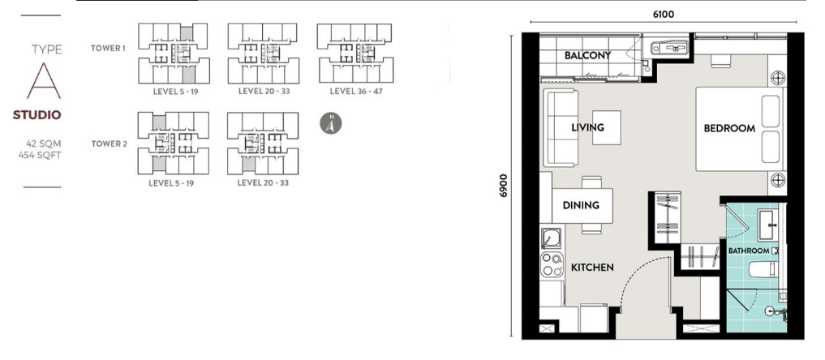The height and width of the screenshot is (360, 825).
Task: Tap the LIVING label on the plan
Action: coord(588,127)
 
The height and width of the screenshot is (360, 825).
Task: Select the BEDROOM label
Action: coord(729,128)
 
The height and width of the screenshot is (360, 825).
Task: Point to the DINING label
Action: coord(581,205)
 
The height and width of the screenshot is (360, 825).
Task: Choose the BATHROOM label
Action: coord(748,251)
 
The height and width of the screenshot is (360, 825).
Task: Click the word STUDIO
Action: coord(37,115)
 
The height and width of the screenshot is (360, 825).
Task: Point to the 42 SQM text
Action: coord(44,144)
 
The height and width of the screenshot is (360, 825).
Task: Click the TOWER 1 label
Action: coord(109,49)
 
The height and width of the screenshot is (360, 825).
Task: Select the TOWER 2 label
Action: coord(109,144)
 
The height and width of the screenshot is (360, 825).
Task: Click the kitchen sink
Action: coord(551,239)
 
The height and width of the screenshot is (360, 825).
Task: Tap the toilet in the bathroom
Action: coord(762,270)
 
